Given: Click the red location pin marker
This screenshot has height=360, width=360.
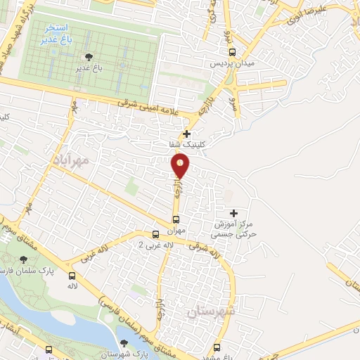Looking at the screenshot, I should tap(181, 166).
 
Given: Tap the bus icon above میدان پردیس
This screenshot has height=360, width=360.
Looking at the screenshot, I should tap(233, 51).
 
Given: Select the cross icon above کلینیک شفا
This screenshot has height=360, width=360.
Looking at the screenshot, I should tap(186, 134).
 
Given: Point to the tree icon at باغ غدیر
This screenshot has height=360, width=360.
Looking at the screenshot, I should tap(87, 57).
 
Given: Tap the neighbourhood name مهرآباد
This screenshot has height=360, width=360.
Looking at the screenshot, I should tap(72, 160).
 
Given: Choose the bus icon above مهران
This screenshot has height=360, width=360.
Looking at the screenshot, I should tap(176, 219).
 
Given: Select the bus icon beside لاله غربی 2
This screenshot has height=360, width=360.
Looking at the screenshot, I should tap(156, 234).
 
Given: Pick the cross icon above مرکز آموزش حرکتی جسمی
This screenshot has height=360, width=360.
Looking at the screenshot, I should tap(234, 212).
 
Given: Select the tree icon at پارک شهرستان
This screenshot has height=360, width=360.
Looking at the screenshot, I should tap(124, 343).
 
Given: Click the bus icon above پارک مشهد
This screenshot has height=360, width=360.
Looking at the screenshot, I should tap(217, 347).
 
